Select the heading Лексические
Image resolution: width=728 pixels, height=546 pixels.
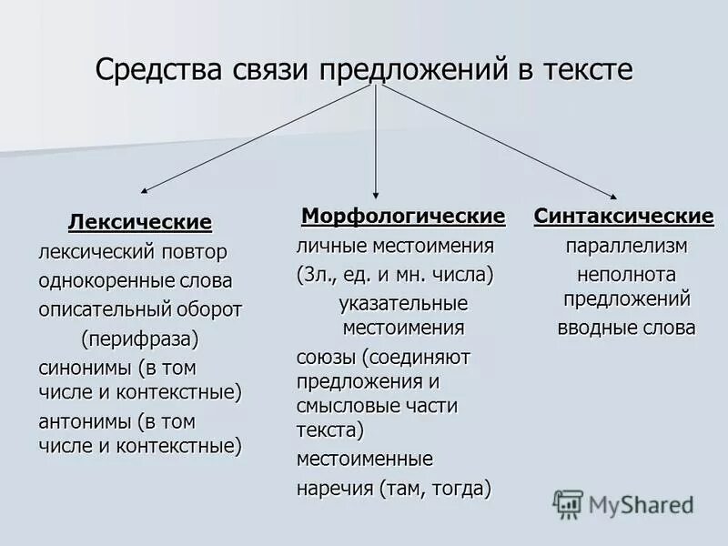click(x=139, y=222)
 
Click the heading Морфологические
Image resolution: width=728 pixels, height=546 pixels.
click(x=403, y=217)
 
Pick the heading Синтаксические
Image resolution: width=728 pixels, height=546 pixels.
click(x=624, y=217)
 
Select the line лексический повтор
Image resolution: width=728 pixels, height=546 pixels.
click(x=133, y=251)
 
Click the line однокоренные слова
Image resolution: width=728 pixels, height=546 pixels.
click(x=135, y=280)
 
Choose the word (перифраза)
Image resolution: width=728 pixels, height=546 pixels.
click(x=139, y=339)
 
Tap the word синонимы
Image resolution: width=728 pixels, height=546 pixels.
click(x=85, y=369)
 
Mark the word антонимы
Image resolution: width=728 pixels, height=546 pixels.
click(x=86, y=422)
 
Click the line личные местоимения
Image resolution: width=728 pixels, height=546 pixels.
click(x=395, y=246)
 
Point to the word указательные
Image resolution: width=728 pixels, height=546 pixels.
click(x=403, y=303)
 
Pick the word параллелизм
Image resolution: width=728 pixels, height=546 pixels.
click(x=626, y=246)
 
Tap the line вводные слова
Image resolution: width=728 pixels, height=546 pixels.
click(x=626, y=328)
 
